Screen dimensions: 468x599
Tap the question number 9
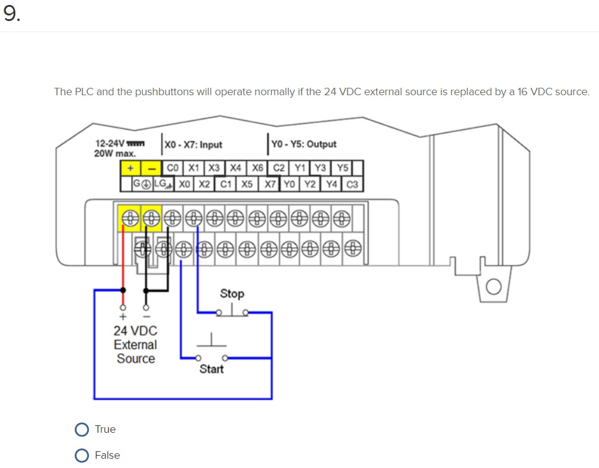[x=11, y=15]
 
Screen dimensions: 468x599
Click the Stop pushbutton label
[x=232, y=294]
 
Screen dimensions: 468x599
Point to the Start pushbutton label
[x=211, y=369]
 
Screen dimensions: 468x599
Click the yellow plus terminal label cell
[x=130, y=168]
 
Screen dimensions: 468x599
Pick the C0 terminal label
[x=174, y=168]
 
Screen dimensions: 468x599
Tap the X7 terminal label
[x=270, y=184]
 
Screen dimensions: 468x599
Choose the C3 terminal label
[x=352, y=184]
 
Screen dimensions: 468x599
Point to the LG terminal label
[x=162, y=184]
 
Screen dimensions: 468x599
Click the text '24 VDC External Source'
[x=135, y=344]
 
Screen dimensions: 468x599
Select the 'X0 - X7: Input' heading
[x=193, y=145]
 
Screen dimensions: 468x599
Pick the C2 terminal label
[x=279, y=168]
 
